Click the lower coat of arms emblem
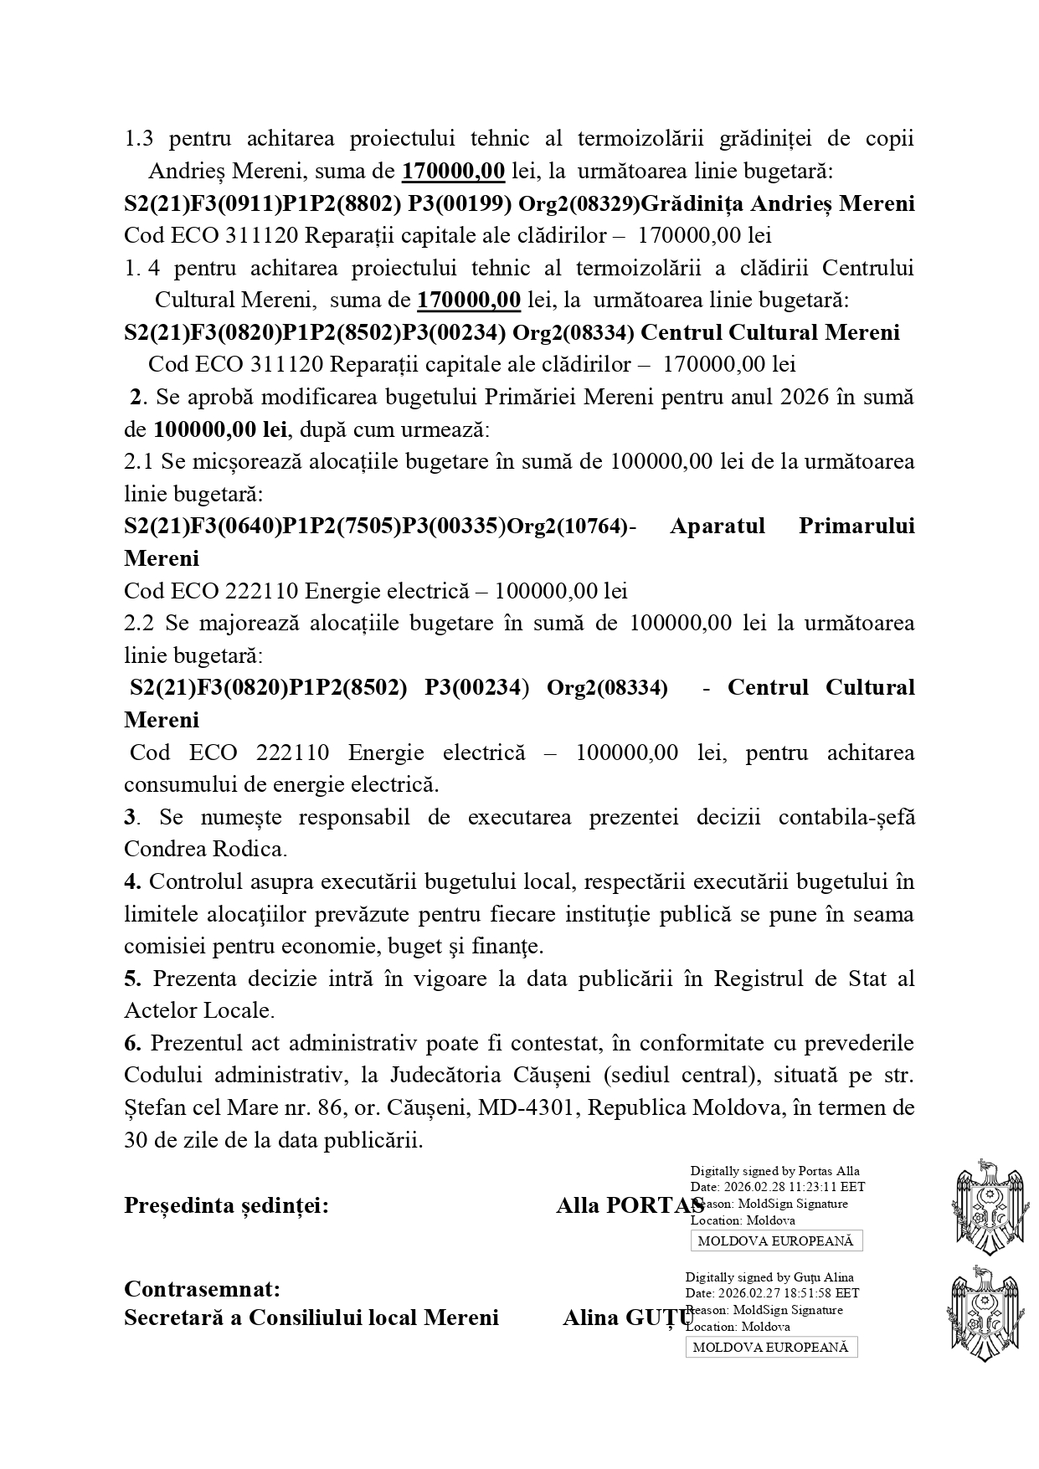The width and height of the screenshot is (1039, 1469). (988, 1312)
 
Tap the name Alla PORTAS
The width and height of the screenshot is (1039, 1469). (630, 1205)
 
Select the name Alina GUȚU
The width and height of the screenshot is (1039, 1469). (628, 1317)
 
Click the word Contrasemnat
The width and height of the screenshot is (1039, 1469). (202, 1288)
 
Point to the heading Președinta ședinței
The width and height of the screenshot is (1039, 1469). (226, 1205)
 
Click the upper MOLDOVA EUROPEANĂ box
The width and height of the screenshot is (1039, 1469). (776, 1240)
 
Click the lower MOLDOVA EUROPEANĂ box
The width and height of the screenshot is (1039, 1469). (771, 1347)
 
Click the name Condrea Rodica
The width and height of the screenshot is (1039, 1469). (204, 849)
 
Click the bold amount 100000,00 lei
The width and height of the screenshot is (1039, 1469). (220, 430)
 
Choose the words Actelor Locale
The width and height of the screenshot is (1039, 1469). (198, 1010)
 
